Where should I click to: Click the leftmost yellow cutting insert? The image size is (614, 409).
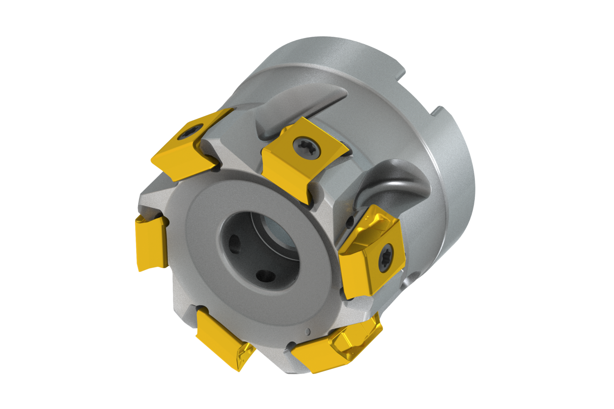pos(151,243)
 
